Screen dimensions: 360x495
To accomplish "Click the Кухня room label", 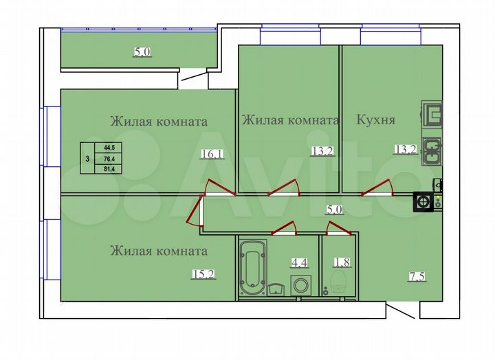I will [375, 120].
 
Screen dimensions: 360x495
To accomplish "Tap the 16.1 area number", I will [211, 155].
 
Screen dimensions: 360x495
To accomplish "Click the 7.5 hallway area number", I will [416, 277].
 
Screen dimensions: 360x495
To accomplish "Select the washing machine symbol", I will [300, 284].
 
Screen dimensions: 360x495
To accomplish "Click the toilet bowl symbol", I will [338, 281].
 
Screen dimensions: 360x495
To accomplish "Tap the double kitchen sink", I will [431, 152].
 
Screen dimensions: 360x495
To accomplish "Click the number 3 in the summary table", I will [86, 158].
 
